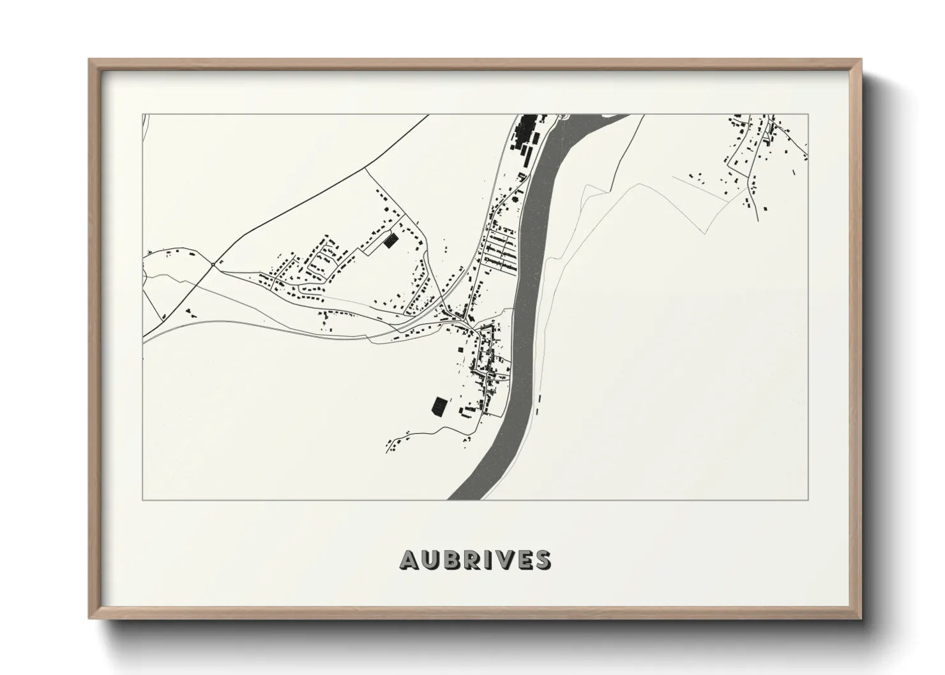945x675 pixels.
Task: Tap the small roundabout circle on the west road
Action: [x=213, y=264]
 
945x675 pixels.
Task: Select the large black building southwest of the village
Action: [x=439, y=406]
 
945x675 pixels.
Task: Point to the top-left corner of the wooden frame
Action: [x=91, y=61]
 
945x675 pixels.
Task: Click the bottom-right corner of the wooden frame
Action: [x=860, y=618]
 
